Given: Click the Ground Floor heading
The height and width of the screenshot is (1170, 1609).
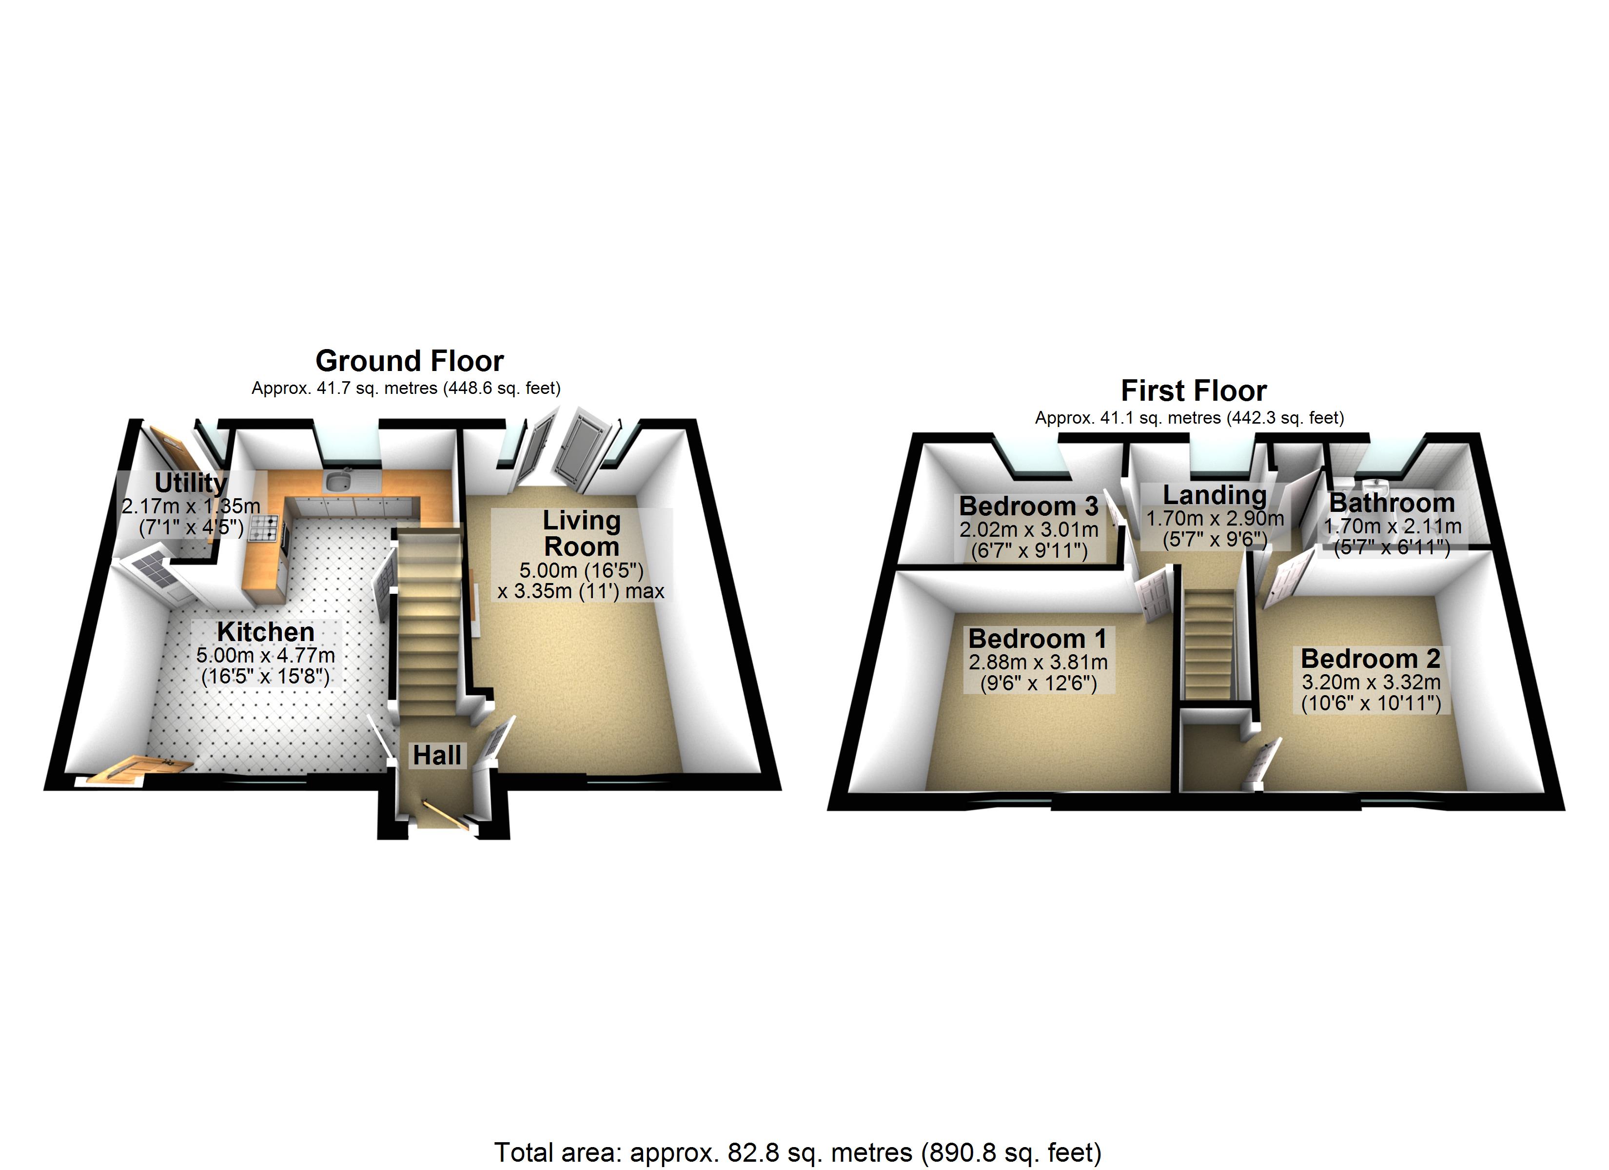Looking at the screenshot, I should [x=410, y=361].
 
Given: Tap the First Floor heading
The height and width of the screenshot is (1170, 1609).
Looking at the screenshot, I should [x=1193, y=391].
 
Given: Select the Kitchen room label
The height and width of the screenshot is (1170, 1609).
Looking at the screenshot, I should [x=265, y=631].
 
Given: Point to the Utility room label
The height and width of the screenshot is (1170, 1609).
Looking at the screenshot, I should [x=190, y=483].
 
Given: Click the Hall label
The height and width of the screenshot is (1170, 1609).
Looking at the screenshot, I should [x=437, y=755].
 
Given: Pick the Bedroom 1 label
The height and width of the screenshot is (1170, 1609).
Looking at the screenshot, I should [x=1037, y=639].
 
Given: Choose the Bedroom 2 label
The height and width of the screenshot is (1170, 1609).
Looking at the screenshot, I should [x=1370, y=659].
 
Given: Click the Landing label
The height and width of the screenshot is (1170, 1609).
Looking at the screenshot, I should [x=1215, y=494].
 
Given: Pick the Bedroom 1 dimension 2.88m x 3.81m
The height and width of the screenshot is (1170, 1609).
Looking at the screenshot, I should [x=1037, y=663].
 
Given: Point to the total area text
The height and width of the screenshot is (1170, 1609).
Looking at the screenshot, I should [x=797, y=1152].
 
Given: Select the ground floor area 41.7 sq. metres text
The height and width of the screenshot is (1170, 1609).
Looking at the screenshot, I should [x=406, y=388].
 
